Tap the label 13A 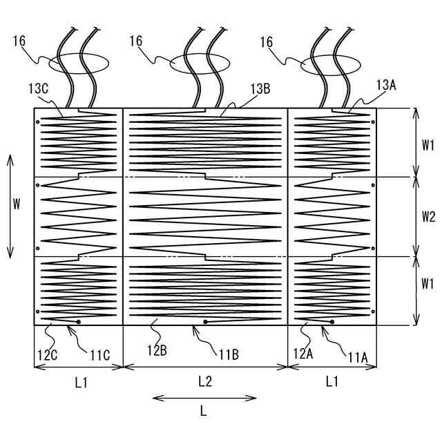386,85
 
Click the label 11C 100,356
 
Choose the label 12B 157,351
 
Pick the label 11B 229,355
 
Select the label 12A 304,353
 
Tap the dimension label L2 204,381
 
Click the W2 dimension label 428,217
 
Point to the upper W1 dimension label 428,144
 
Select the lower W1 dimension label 428,283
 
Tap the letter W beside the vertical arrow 19,204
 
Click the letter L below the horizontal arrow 203,410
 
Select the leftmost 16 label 19,41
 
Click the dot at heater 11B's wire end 206,322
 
